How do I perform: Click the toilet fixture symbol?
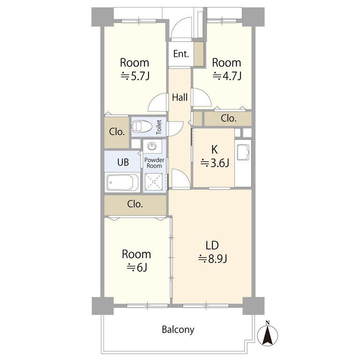pyautogui.click(x=142, y=126)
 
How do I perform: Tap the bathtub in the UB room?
pyautogui.click(x=122, y=182)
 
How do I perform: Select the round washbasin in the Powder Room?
pyautogui.click(x=152, y=146)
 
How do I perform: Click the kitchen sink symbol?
pyautogui.click(x=243, y=152)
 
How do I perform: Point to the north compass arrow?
pyautogui.click(x=267, y=334)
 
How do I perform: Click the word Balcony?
pyautogui.click(x=178, y=329)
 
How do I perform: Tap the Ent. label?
pyautogui.click(x=181, y=53)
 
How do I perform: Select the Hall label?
pyautogui.click(x=180, y=97)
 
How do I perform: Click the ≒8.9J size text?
pyautogui.click(x=213, y=259)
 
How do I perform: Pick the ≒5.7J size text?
pyautogui.click(x=135, y=76)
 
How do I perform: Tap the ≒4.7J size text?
pyautogui.click(x=227, y=76)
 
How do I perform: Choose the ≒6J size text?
pyautogui.click(x=137, y=267)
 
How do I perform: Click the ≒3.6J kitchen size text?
pyautogui.click(x=214, y=163)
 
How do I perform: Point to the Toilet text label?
pyautogui.click(x=159, y=127)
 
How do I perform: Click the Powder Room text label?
pyautogui.click(x=154, y=163)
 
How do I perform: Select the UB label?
pyautogui.click(x=123, y=162)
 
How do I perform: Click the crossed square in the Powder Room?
pyautogui.click(x=153, y=182)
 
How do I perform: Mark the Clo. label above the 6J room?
pyautogui.click(x=135, y=204)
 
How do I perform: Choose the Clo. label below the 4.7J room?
pyautogui.click(x=228, y=118)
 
